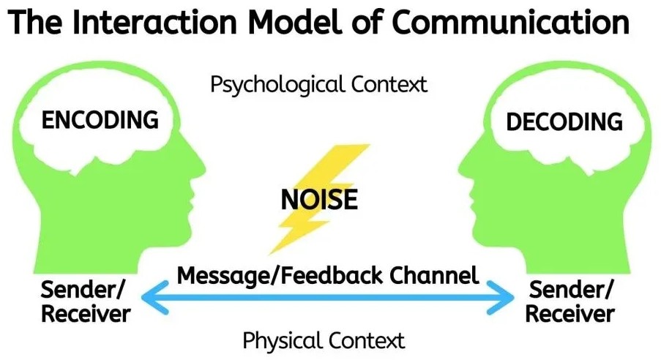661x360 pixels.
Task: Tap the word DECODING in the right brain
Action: pos(564,121)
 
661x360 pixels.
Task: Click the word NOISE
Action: pos(318,198)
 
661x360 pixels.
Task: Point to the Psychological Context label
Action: pos(318,84)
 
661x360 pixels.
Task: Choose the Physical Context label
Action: pos(323,340)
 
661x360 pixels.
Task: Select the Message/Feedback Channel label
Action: pos(328,275)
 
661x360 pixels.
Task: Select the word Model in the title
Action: pos(289,23)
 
